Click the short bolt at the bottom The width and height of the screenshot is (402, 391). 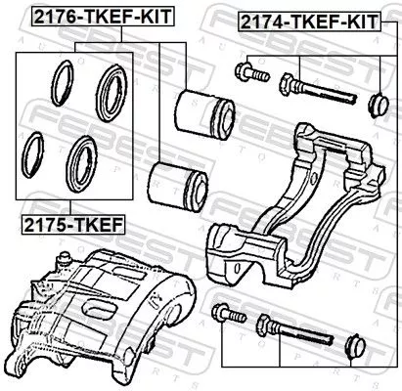click(226, 315)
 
